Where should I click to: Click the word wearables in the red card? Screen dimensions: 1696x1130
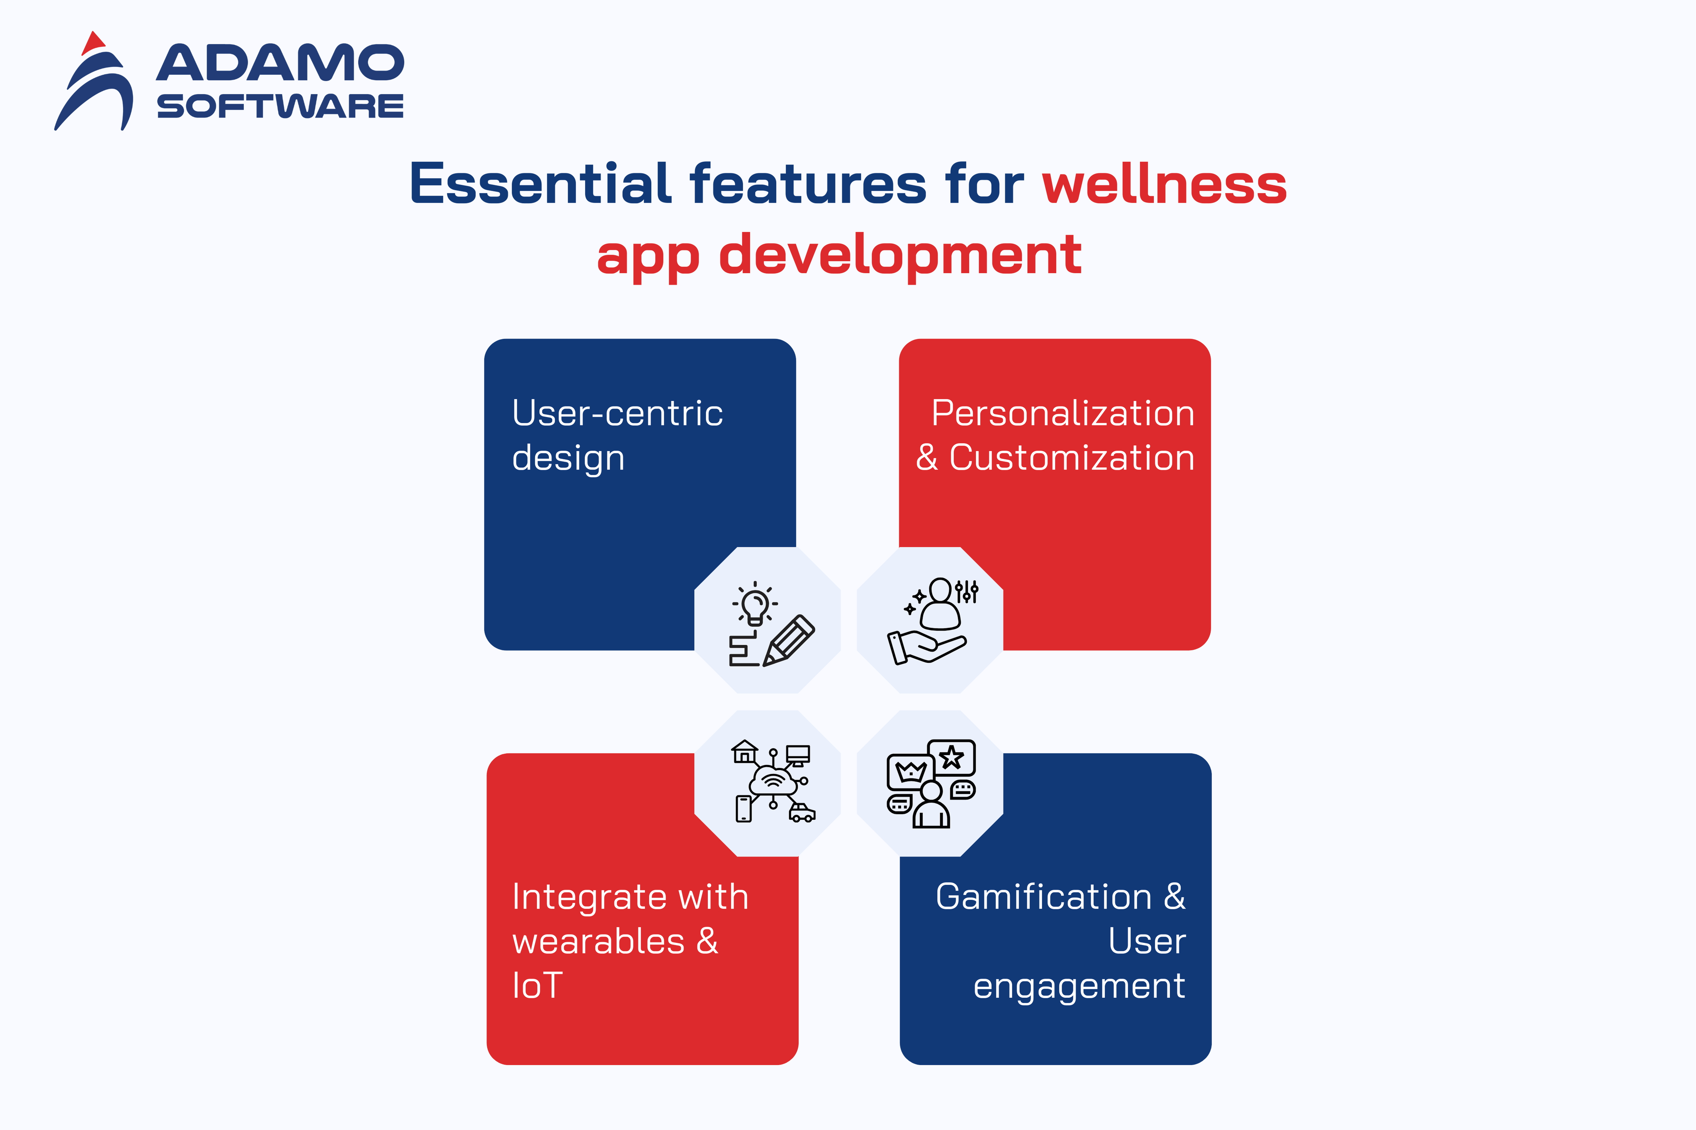tap(598, 941)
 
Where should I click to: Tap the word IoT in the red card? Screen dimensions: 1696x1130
tap(537, 985)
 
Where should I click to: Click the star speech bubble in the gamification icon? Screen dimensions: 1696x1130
tap(951, 757)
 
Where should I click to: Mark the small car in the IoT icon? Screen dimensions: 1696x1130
tap(802, 813)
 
